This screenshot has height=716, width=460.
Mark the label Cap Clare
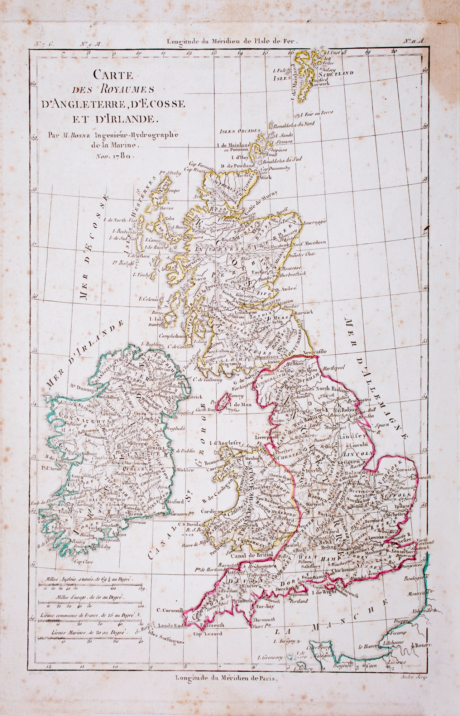(x=81, y=561)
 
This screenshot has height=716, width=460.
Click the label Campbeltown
(x=173, y=337)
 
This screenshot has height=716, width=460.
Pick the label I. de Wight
(x=324, y=592)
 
